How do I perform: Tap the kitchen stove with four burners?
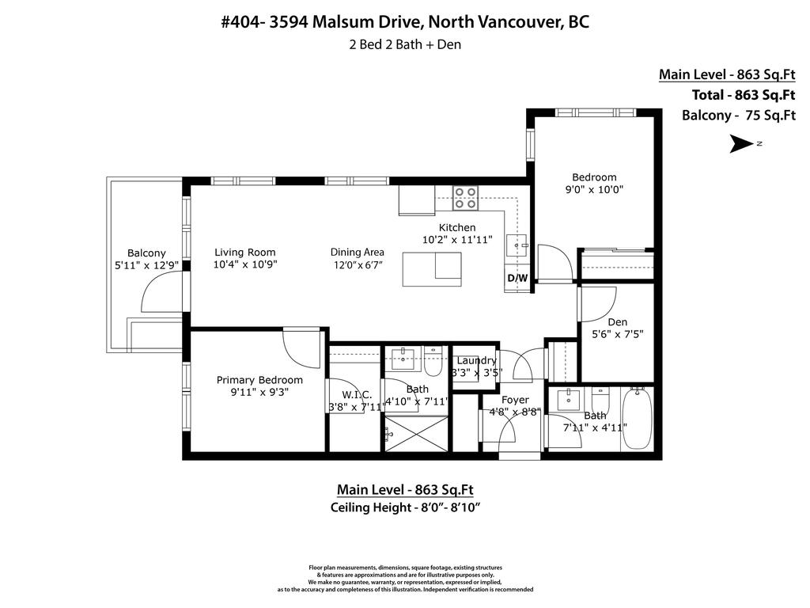pos(465,198)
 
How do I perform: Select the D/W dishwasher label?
pos(517,279)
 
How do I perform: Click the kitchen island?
pos(431,269)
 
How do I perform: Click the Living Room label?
pos(245,253)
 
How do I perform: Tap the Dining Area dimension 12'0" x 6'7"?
pos(357,264)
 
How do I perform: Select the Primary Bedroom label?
pos(259,380)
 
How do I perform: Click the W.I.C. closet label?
pos(357,395)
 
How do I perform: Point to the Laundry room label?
pos(476,361)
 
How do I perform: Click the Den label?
pos(618,322)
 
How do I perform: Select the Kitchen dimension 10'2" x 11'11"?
pos(457,239)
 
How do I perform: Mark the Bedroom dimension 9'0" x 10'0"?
pos(594,189)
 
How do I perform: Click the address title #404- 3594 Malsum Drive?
pos(404,22)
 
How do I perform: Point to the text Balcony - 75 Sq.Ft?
pos(738,115)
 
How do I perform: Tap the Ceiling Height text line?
pos(405,507)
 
